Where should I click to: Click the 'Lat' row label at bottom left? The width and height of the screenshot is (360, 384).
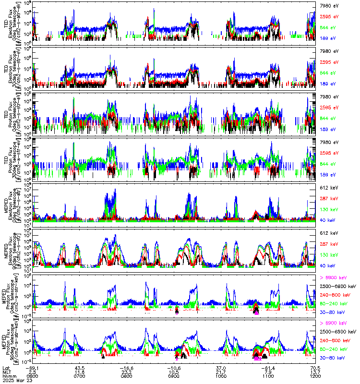(6, 367)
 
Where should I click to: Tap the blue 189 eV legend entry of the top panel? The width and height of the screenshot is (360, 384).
(327, 37)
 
